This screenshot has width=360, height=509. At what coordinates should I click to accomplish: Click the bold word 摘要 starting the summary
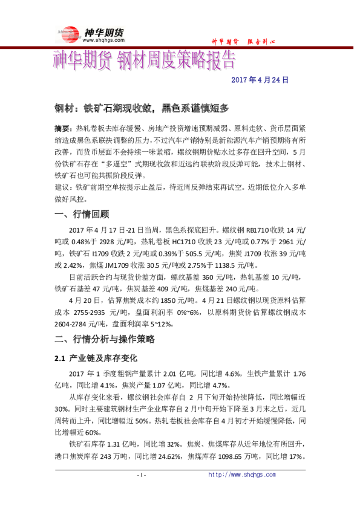pyautogui.click(x=62, y=129)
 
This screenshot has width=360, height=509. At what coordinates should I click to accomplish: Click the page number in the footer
pyautogui.click(x=140, y=475)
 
